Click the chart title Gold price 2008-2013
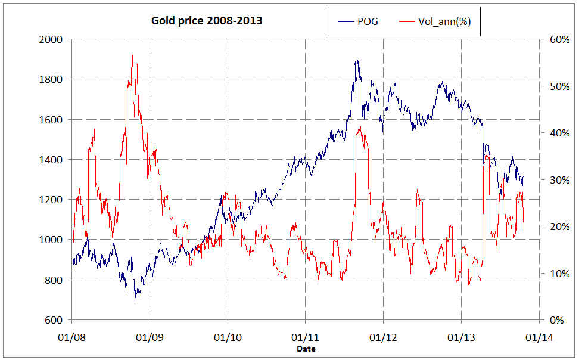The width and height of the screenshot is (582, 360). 207,21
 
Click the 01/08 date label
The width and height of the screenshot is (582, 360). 71,337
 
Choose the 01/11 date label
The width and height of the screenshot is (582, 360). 306,337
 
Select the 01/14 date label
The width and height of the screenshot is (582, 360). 540,337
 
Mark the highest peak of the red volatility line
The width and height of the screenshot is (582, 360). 132,53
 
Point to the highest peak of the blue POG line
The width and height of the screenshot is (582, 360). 357,60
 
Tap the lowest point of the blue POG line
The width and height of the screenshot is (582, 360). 135,300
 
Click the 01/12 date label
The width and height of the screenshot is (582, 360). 384,337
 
